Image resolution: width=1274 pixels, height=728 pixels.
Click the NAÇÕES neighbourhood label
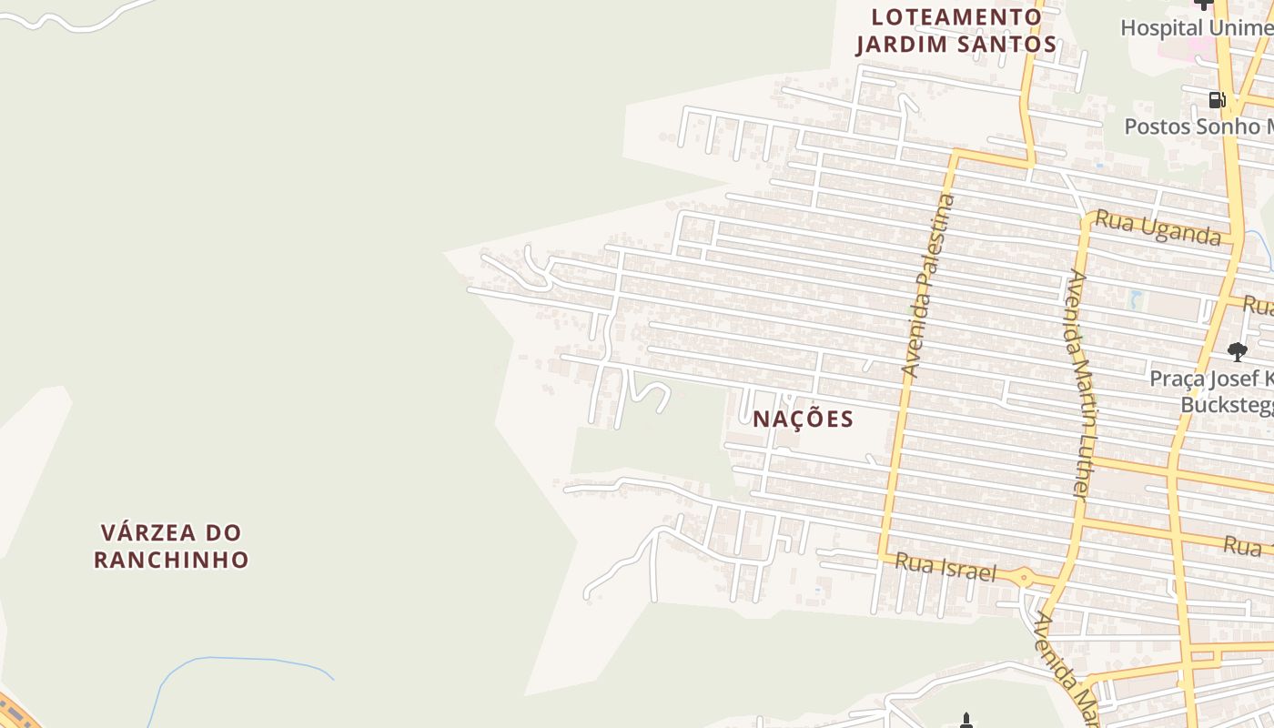803,419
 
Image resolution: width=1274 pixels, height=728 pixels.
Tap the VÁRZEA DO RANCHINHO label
171,545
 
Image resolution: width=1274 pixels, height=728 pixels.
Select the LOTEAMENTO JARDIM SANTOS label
955,31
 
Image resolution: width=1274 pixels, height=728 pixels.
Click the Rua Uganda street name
1158,227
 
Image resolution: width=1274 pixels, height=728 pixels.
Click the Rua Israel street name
945,568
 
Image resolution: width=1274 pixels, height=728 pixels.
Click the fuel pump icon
1217,99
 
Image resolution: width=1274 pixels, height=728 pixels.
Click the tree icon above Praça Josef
1237,351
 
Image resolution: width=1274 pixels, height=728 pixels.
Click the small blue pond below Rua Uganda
1134,298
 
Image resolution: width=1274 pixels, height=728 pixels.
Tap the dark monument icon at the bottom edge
966,722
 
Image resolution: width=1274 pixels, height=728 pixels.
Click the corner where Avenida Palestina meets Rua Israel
882,555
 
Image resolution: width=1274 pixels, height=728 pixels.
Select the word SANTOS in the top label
1006,45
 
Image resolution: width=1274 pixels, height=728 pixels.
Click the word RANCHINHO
171,559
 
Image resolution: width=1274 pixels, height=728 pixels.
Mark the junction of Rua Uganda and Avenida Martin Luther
1087,218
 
